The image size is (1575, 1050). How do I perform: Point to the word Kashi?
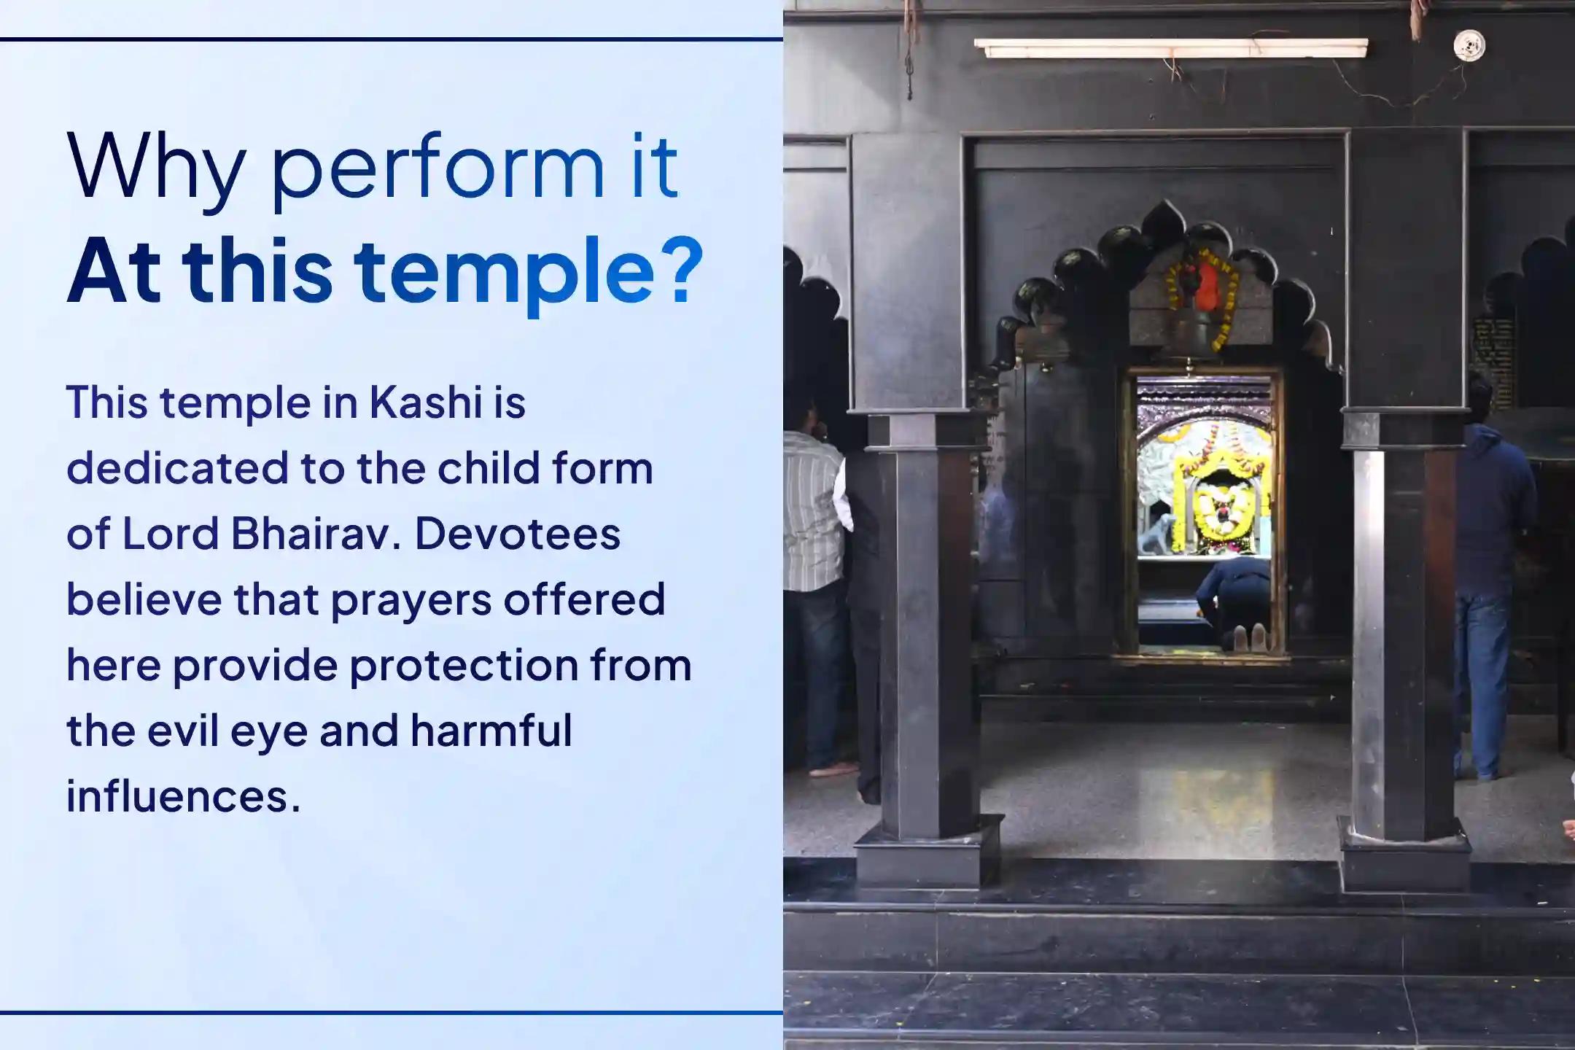click(426, 402)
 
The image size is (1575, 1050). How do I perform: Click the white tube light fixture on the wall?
click(1171, 48)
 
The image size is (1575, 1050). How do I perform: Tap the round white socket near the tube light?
click(1469, 46)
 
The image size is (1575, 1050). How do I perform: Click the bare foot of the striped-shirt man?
click(834, 769)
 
